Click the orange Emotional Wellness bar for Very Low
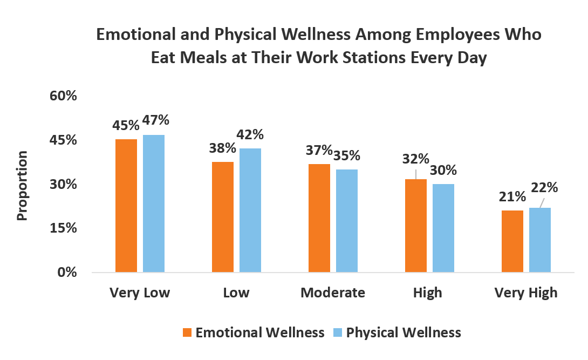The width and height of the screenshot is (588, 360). pyautogui.click(x=126, y=206)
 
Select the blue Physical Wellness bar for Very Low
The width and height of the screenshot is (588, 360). pyautogui.click(x=154, y=203)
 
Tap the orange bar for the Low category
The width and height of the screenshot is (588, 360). pyautogui.click(x=223, y=217)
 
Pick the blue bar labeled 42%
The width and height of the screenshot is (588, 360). pyautogui.click(x=250, y=210)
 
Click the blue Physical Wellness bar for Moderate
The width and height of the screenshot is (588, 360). pyautogui.click(x=346, y=221)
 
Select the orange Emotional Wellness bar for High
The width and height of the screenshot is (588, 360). pyautogui.click(x=416, y=226)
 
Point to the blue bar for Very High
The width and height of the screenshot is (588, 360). pyautogui.click(x=539, y=240)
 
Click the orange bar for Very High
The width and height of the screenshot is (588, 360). pyautogui.click(x=512, y=241)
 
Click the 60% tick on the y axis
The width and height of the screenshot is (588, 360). pyautogui.click(x=64, y=96)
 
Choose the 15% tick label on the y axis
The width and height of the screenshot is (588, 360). pyautogui.click(x=64, y=228)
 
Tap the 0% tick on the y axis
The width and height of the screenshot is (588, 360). pyautogui.click(x=68, y=272)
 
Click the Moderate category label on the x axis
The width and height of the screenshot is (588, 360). pyautogui.click(x=332, y=293)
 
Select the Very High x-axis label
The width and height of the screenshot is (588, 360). pyautogui.click(x=526, y=293)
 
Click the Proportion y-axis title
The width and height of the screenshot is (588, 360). pyautogui.click(x=22, y=185)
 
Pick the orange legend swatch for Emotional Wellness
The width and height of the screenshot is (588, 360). pyautogui.click(x=188, y=332)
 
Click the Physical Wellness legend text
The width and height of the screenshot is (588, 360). pyautogui.click(x=404, y=332)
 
